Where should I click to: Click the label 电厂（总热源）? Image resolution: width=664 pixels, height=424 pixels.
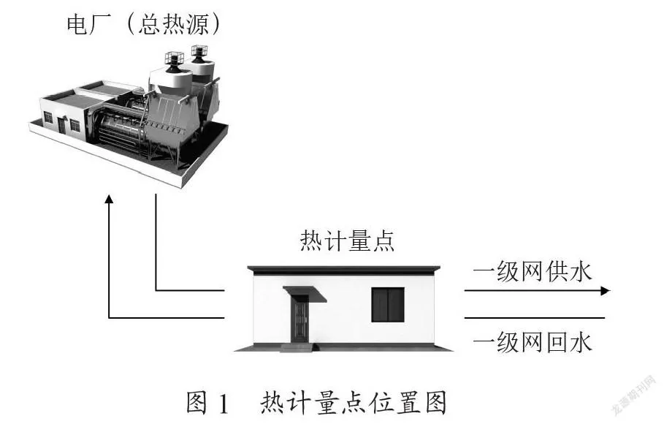144,24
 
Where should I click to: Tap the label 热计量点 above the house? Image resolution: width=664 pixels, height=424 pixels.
347,241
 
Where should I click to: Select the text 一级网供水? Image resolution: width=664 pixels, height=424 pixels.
532,271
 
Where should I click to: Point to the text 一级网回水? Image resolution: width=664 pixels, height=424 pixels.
532,341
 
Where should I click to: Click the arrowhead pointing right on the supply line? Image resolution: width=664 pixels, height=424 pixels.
606,291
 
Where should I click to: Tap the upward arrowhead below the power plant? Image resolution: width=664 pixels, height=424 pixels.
110,199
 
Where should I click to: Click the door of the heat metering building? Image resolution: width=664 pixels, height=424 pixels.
300,319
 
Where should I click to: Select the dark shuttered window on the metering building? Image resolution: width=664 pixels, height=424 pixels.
388,304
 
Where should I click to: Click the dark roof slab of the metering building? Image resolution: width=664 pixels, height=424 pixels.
344,270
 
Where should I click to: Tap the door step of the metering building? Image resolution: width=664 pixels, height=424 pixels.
299,347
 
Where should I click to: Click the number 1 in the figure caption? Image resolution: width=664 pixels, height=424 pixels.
224,404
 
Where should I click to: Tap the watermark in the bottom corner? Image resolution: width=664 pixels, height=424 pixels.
634,394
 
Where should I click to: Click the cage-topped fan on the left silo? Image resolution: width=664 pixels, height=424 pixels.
174,62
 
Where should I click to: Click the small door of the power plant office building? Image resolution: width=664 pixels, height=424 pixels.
62,126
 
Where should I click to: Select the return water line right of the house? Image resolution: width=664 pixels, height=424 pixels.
535,317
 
